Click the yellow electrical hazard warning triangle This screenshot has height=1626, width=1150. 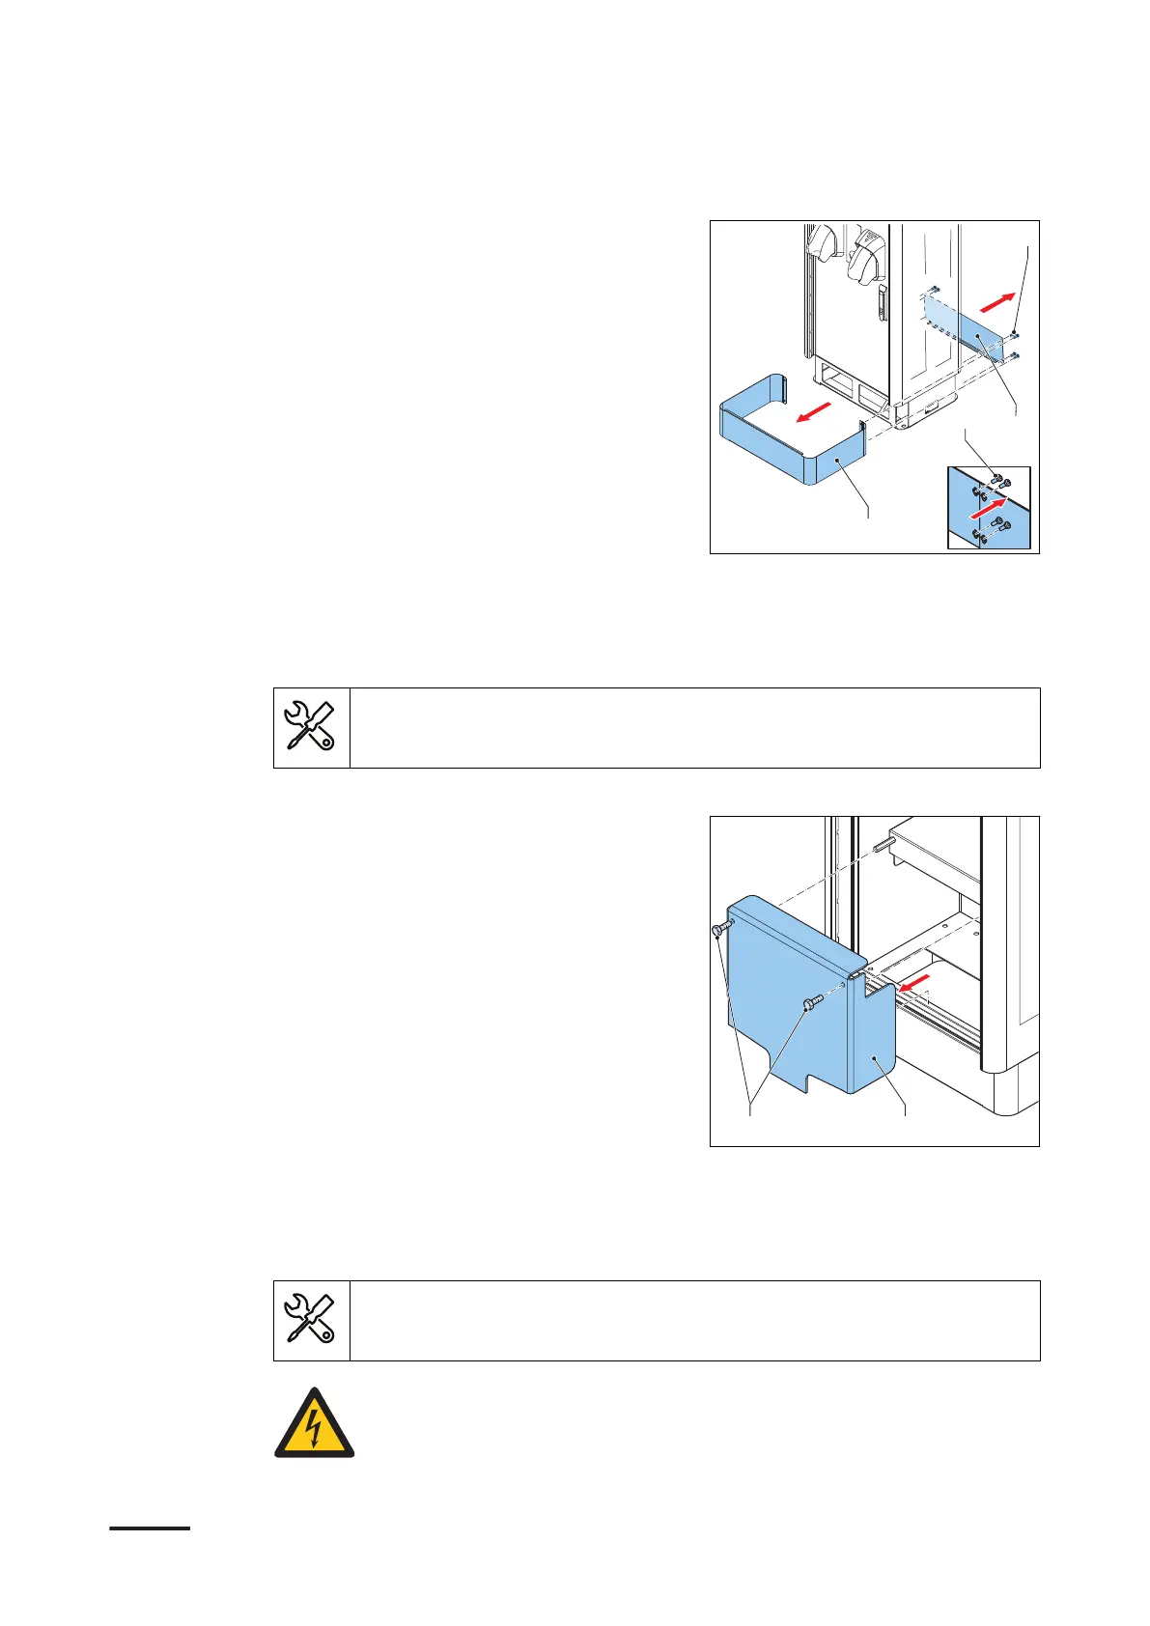click(315, 1423)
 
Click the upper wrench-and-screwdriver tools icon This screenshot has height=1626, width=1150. click(311, 726)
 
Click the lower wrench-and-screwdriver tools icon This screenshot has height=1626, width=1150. click(311, 1320)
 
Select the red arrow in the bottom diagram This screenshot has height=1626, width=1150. click(912, 984)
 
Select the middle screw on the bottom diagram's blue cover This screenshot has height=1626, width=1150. click(810, 1005)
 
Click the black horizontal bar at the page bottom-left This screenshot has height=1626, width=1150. click(150, 1528)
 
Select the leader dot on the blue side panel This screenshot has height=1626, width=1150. click(978, 335)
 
